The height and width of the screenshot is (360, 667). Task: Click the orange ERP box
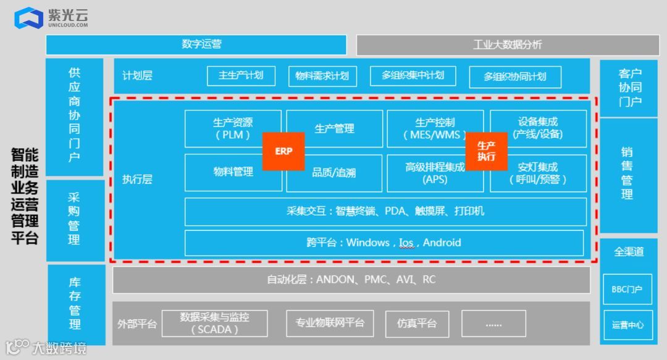(x=283, y=151)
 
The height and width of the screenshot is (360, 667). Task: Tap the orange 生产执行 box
(x=486, y=151)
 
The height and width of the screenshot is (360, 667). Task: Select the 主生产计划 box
(x=241, y=75)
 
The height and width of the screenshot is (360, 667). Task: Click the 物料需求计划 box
(x=322, y=76)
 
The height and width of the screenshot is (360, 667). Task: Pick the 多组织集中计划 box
(x=413, y=75)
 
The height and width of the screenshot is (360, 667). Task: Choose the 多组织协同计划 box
(x=514, y=77)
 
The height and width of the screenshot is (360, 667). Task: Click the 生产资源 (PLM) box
(x=229, y=128)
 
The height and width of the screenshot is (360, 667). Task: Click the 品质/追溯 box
(x=334, y=174)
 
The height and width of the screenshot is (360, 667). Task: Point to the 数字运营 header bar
(x=196, y=44)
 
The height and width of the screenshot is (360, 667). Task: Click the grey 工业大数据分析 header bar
(x=507, y=44)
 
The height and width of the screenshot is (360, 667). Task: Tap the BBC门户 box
(x=627, y=289)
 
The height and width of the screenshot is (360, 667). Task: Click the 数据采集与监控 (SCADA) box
(x=214, y=323)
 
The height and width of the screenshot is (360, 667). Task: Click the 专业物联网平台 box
(x=330, y=323)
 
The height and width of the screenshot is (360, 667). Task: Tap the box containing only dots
(x=493, y=323)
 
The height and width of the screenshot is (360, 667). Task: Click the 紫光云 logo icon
(x=28, y=18)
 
